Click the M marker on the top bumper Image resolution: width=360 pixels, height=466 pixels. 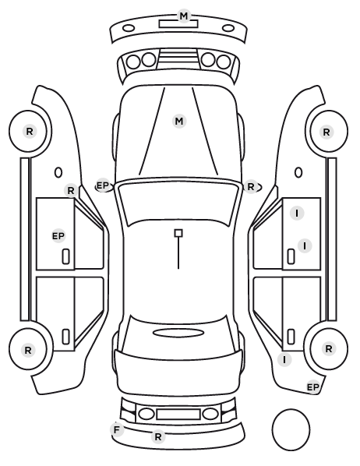(x=184, y=16)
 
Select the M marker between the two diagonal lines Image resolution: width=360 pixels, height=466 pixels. (x=179, y=122)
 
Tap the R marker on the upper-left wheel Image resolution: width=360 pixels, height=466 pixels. (x=30, y=131)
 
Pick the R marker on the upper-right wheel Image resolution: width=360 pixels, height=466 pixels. (x=326, y=132)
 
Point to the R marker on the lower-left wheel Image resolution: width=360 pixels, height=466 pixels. (x=28, y=350)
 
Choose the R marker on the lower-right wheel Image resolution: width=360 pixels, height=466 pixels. (x=329, y=348)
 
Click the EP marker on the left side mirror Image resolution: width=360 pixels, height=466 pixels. (x=103, y=185)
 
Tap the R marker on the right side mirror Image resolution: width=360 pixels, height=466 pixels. (x=251, y=187)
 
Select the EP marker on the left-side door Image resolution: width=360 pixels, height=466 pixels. (x=58, y=236)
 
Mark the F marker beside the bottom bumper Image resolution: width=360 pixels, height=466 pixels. (x=117, y=429)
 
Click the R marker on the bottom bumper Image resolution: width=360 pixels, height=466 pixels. (x=158, y=436)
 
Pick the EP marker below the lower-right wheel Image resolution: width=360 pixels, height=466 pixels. (x=312, y=387)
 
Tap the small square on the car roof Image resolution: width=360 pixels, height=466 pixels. (x=178, y=233)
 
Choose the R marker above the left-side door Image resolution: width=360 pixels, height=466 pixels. (x=71, y=190)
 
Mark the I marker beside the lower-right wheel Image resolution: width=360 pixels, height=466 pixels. (x=284, y=359)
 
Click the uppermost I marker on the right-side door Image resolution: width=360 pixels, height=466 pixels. (x=297, y=213)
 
